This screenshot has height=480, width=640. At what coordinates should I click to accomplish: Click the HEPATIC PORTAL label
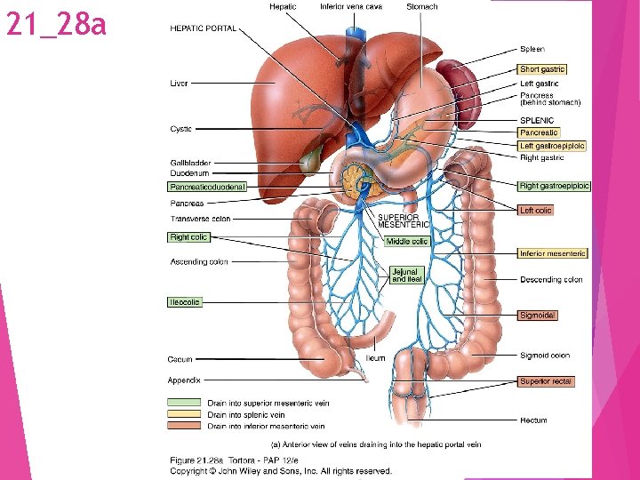203,28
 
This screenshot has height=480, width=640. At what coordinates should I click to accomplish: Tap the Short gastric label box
541,69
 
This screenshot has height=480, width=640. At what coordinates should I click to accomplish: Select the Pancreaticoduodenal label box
206,188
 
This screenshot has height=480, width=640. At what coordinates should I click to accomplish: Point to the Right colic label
188,237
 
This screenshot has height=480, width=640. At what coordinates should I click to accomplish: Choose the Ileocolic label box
185,302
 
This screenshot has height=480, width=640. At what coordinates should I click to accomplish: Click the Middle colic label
407,241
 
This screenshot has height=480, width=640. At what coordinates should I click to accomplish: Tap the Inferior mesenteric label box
552,253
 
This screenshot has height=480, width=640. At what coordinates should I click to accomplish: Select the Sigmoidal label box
539,315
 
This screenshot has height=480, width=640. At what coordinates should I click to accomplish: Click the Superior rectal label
546,381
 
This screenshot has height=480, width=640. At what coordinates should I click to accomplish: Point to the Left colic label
536,211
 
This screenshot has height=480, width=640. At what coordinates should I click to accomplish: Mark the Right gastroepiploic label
555,186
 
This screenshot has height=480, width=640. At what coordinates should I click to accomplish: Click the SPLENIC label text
537,121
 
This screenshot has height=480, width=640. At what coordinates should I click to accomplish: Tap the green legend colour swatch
185,403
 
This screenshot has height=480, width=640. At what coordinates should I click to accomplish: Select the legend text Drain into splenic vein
246,414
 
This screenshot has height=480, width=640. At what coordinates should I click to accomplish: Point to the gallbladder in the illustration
311,161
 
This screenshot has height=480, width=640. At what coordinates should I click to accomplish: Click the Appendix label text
184,380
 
